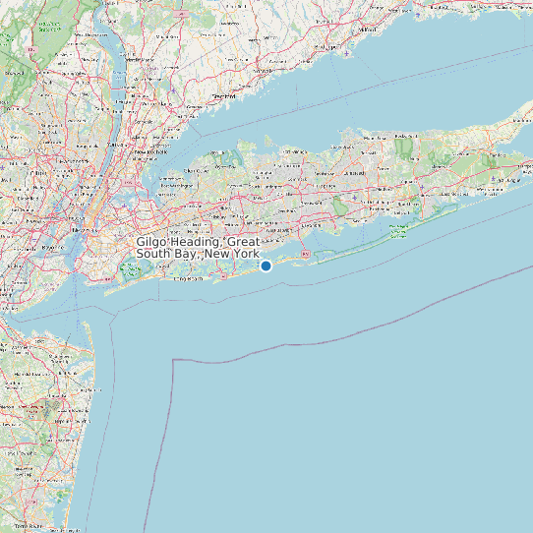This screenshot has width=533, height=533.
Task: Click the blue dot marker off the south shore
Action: pos(266,266)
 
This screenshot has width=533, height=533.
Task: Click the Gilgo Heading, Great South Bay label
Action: pos(198,248)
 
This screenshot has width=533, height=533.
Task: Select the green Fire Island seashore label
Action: pos(397,232)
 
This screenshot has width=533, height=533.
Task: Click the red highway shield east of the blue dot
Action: pos(305,254)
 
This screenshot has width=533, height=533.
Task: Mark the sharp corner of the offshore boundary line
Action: pos(173,361)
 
